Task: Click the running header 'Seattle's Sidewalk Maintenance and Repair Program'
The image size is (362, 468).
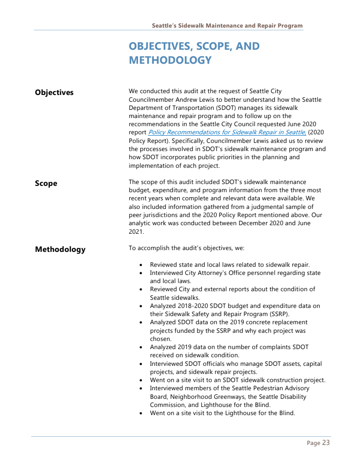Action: (227, 26)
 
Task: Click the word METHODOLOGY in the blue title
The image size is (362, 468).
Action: (170, 60)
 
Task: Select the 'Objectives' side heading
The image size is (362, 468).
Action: (54, 93)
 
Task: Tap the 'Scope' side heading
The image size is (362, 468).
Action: (46, 184)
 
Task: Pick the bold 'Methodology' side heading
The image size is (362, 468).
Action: (60, 250)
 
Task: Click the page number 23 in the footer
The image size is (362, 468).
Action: (326, 443)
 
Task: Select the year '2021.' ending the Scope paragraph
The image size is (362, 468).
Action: (136, 232)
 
